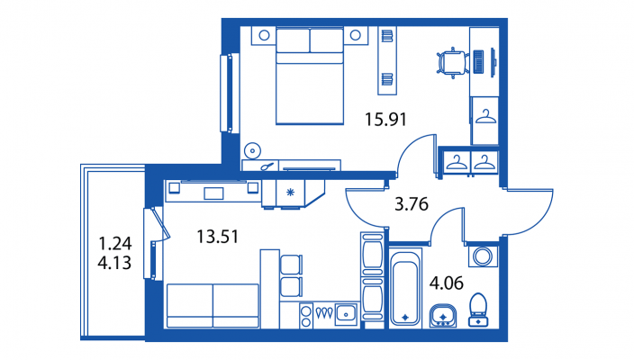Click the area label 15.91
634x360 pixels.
click(x=385, y=119)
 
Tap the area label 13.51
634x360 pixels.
click(x=218, y=237)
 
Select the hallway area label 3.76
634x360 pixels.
click(x=412, y=204)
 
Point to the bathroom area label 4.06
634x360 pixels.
click(x=447, y=283)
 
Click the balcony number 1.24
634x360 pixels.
click(x=115, y=244)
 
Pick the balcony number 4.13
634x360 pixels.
click(x=114, y=263)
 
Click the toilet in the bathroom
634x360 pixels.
click(x=478, y=310)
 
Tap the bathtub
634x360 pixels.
click(x=405, y=288)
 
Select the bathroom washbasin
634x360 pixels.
click(x=443, y=316)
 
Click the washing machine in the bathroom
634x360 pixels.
click(x=483, y=256)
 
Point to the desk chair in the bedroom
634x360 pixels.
click(x=452, y=63)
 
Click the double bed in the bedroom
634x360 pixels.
click(x=310, y=76)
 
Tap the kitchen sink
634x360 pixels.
click(x=346, y=313)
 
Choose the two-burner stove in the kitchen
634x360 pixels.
click(x=306, y=316)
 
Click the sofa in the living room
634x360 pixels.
click(x=213, y=305)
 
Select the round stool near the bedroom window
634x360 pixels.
click(x=253, y=151)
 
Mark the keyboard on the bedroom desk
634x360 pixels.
click(x=478, y=62)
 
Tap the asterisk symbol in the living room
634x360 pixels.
click(x=290, y=193)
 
